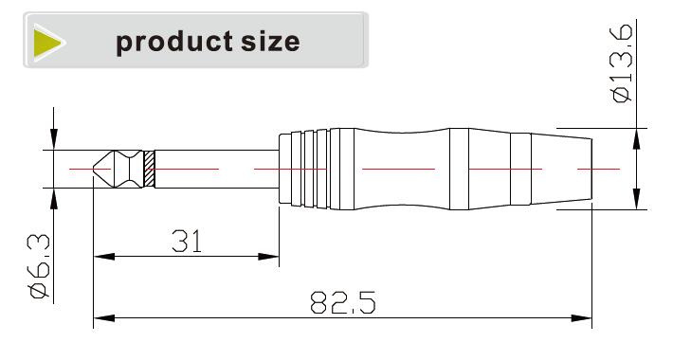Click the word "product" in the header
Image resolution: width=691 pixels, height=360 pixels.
pos(173,43)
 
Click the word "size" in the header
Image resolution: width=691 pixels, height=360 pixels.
pos(270,42)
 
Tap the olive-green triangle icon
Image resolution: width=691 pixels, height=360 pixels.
pos(47,43)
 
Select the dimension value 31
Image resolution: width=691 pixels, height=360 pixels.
pos(187,241)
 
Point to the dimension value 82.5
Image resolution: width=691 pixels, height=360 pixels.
pos(343,302)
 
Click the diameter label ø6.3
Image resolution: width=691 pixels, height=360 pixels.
pos(40,266)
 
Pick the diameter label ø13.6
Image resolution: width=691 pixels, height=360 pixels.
pos(622,63)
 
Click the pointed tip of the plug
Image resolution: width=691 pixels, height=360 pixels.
pos(93,169)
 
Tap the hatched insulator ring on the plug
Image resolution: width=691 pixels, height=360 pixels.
pos(150,170)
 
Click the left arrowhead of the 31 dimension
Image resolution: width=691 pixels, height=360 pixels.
pos(104,257)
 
